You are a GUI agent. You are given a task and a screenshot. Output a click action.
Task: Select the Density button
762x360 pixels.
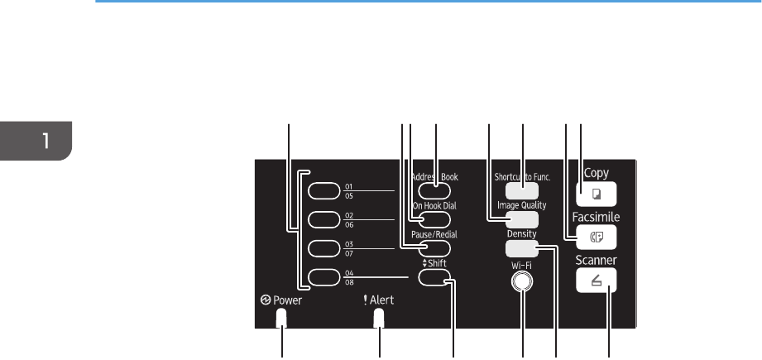tap(521, 248)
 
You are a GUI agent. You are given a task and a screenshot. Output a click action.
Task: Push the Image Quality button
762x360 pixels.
tap(521, 219)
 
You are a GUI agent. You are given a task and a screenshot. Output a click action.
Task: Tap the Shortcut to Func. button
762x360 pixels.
tap(521, 190)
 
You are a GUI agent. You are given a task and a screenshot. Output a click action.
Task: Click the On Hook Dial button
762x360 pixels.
tap(434, 219)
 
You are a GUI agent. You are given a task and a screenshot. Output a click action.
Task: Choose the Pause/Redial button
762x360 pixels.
tap(434, 248)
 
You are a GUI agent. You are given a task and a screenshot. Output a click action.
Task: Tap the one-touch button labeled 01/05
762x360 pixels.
tap(323, 191)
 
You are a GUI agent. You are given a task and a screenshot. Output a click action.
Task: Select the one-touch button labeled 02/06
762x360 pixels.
tap(323, 220)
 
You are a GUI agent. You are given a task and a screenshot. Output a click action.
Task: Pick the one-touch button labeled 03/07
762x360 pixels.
tap(323, 249)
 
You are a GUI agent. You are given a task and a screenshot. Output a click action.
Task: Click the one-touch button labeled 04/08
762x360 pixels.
tap(323, 278)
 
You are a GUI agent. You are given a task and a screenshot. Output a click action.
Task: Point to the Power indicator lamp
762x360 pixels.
tap(281, 319)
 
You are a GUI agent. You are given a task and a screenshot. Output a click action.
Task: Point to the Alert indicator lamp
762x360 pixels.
tap(380, 319)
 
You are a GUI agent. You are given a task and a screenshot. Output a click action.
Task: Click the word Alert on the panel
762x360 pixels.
tap(381, 301)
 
